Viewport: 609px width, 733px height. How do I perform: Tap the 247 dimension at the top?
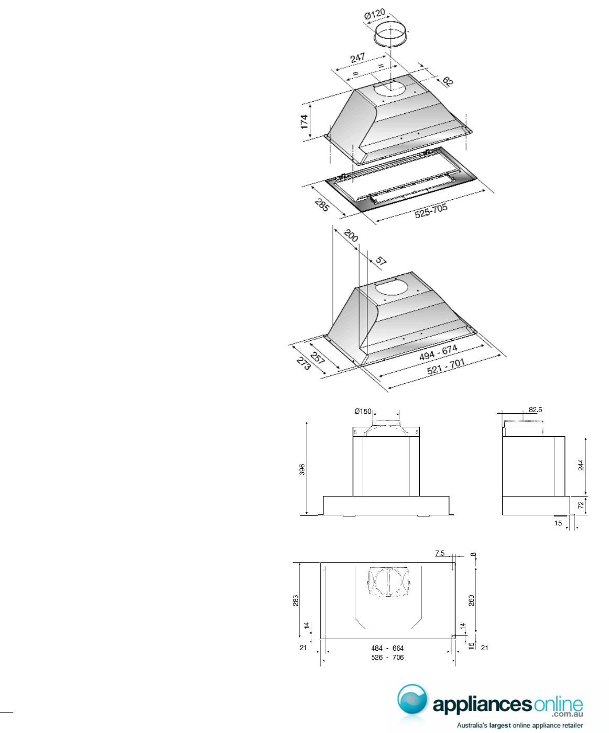pyautogui.click(x=357, y=58)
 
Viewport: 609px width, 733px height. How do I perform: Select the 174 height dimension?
pyautogui.click(x=304, y=122)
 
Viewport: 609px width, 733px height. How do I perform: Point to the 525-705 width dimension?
pyautogui.click(x=431, y=211)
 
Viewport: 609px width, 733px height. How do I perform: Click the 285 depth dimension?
pyautogui.click(x=321, y=205)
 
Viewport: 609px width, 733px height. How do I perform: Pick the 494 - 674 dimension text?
pyautogui.click(x=439, y=352)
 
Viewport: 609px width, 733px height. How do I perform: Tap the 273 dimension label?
pyautogui.click(x=303, y=363)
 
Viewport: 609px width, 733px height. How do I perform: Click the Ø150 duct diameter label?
pyautogui.click(x=363, y=411)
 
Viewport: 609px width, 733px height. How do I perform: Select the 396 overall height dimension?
pyautogui.click(x=302, y=469)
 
